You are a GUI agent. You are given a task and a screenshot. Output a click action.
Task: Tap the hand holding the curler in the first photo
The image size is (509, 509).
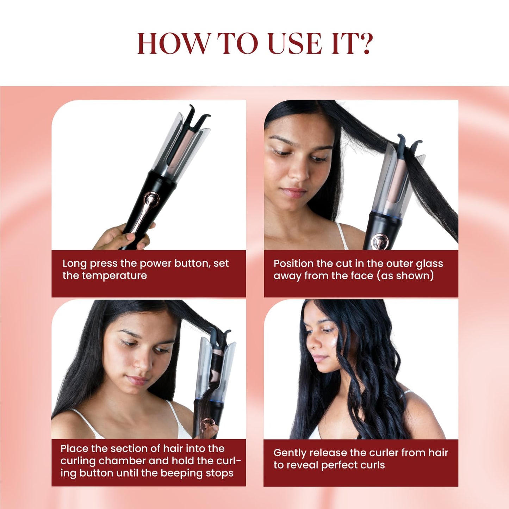(x=124, y=236)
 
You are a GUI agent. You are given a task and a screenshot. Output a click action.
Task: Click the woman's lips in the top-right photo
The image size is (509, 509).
(x=295, y=192)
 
